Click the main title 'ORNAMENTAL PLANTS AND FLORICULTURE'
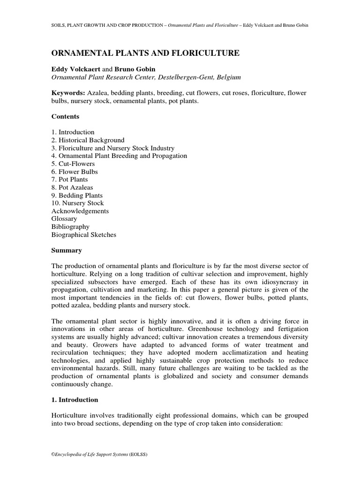[x=145, y=53]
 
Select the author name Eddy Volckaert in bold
[x=75, y=69]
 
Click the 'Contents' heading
[x=65, y=116]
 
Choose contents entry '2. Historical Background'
[x=88, y=140]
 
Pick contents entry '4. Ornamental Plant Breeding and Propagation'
[x=119, y=156]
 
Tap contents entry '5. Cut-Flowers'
[x=73, y=164]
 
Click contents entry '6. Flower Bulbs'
[x=75, y=172]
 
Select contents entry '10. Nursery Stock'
[x=77, y=203]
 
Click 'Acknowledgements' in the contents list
[x=80, y=211]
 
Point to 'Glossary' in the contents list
[x=64, y=219]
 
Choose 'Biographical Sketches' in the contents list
[x=84, y=234]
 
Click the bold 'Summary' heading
[x=67, y=250]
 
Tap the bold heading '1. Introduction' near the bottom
[x=75, y=400]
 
